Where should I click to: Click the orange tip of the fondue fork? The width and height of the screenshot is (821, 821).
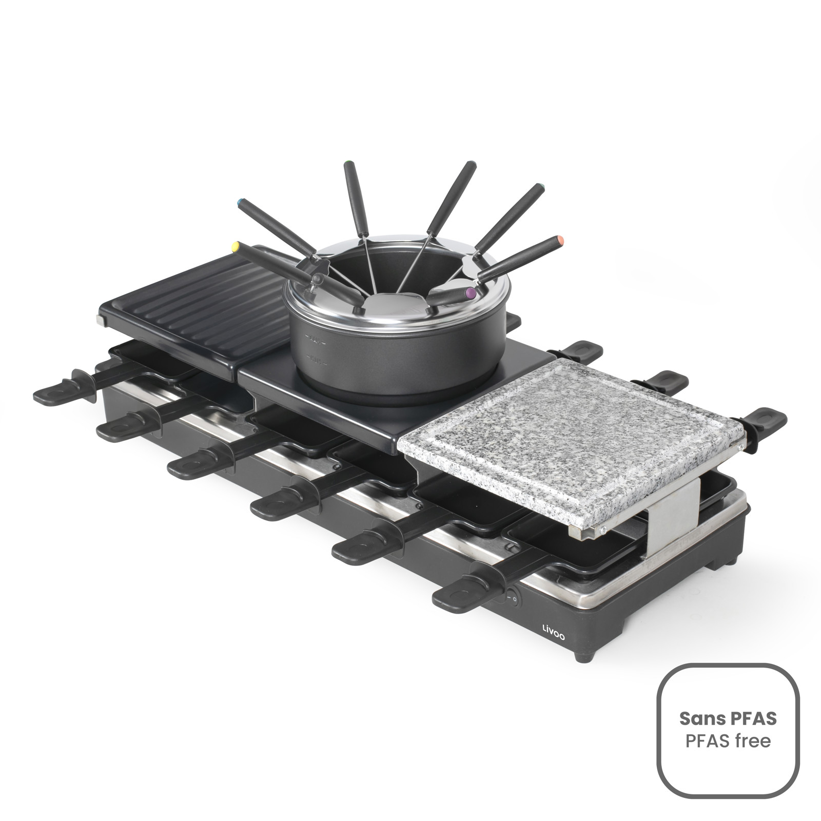(x=560, y=240)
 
